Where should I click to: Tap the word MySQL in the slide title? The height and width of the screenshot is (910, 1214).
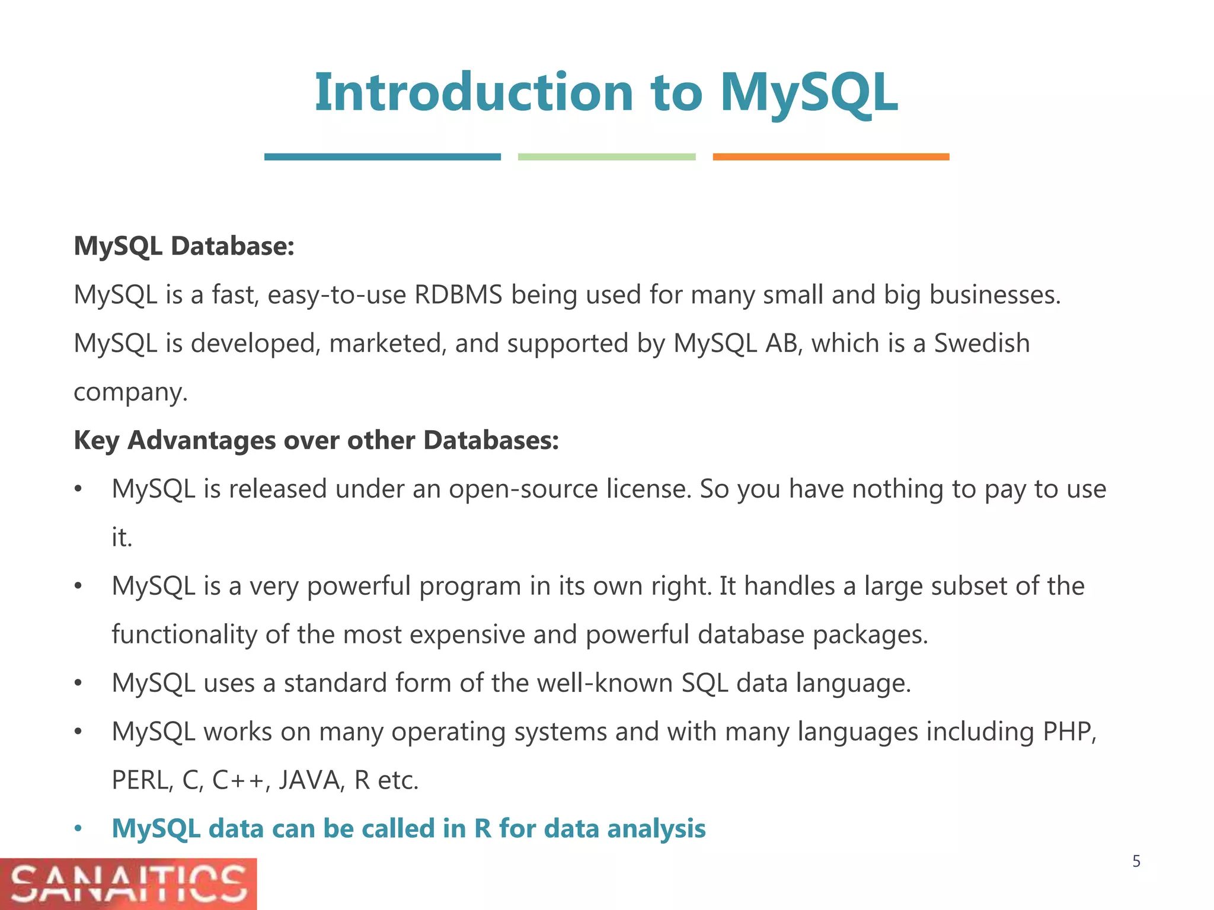(809, 93)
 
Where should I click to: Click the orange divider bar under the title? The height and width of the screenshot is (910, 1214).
(830, 157)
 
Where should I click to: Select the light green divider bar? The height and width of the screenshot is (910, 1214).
(606, 157)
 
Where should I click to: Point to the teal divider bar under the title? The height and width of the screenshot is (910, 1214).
(382, 157)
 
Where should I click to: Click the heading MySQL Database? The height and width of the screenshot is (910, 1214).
(184, 246)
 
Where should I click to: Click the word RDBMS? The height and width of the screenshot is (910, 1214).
(458, 294)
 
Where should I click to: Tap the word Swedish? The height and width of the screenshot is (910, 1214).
(982, 343)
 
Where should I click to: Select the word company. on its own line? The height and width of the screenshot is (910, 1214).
(130, 392)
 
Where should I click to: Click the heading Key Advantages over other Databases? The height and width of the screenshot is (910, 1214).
(316, 440)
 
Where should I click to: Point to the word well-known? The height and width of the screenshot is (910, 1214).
(605, 683)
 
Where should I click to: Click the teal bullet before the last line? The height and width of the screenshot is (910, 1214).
(78, 829)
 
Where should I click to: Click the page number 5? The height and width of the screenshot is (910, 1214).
(1136, 861)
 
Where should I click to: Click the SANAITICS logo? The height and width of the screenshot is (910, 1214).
(128, 884)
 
